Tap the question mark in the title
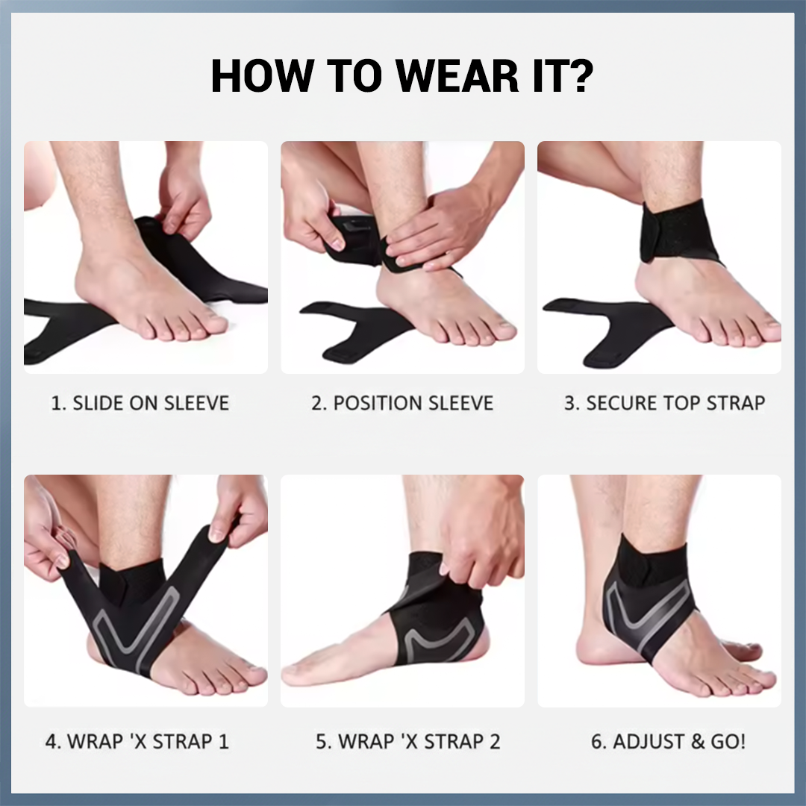[x=578, y=75]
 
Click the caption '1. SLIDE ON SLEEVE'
[x=140, y=404]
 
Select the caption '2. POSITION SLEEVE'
[x=402, y=404]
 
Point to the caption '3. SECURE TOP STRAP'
[x=664, y=404]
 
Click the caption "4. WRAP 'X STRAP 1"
[x=137, y=742]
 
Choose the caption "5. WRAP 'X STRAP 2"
[x=408, y=742]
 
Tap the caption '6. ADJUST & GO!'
[x=668, y=742]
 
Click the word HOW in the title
[x=260, y=75]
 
